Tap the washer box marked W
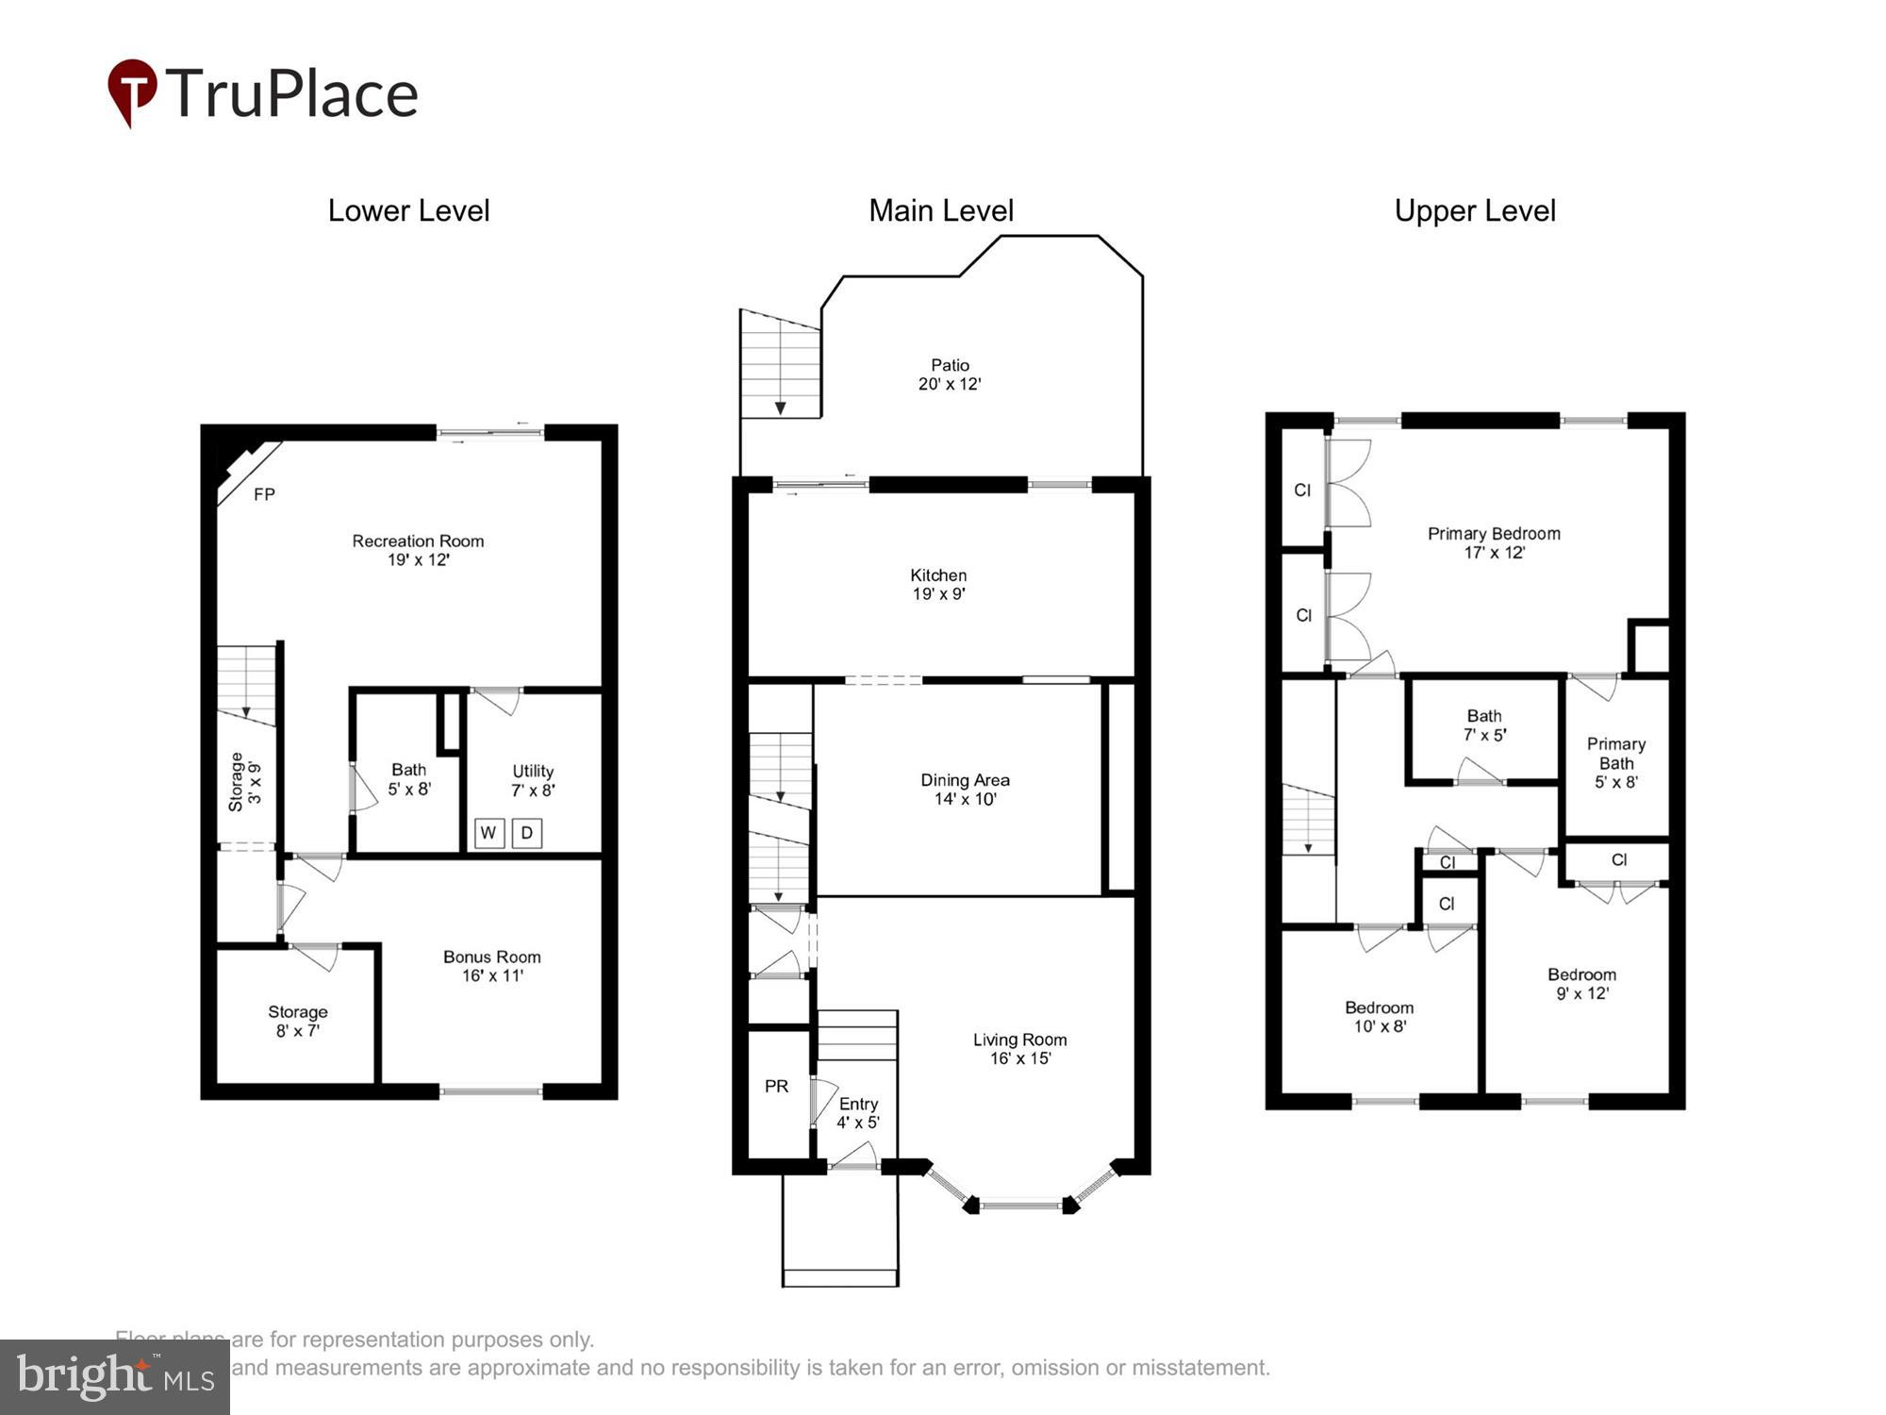click(488, 833)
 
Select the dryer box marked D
click(527, 833)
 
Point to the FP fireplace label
click(264, 494)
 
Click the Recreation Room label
click(418, 541)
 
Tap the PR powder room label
click(776, 1087)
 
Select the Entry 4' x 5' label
click(858, 1113)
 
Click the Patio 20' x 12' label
click(950, 375)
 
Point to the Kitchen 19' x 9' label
click(938, 584)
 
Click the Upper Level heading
click(1475, 210)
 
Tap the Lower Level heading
click(408, 210)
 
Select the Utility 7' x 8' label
click(533, 780)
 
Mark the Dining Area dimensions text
click(965, 799)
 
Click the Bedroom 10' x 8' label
click(1379, 1017)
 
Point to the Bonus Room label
click(491, 957)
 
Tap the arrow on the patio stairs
click(781, 407)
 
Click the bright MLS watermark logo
click(114, 1377)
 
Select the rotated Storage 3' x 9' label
click(244, 782)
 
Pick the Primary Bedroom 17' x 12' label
click(1494, 542)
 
